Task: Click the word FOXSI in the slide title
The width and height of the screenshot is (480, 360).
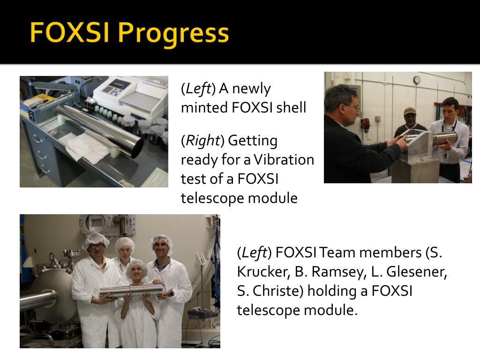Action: (x=69, y=32)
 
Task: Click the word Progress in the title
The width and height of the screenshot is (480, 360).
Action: (x=173, y=33)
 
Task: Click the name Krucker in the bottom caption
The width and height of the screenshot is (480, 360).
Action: (x=267, y=272)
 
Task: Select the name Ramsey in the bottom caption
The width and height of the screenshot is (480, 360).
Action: (x=337, y=272)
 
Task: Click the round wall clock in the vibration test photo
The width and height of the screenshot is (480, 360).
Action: (x=416, y=80)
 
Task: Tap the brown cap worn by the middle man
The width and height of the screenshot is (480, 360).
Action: (x=410, y=111)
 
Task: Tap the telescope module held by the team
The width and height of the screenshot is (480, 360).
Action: (x=132, y=291)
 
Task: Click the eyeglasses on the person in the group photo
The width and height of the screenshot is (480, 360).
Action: (x=97, y=246)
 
